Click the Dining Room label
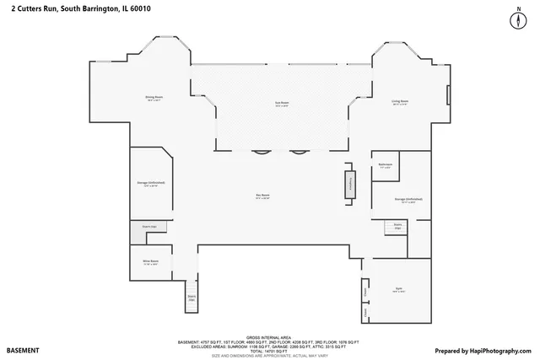tap(153, 99)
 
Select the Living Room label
tap(399, 103)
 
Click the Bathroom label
tap(386, 165)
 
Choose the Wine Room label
tap(151, 262)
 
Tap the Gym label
tap(398, 289)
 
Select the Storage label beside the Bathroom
tap(408, 200)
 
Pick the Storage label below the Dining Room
tap(150, 183)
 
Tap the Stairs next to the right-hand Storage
tap(397, 225)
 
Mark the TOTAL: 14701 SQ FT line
tap(267, 350)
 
